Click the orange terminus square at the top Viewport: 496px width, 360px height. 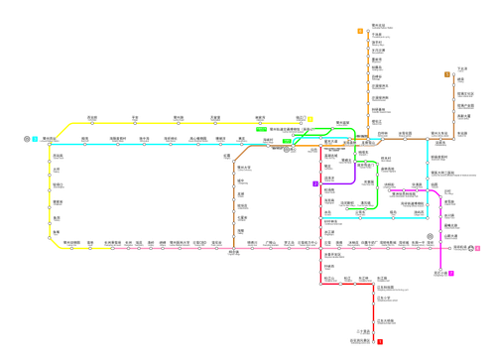coord(360,31)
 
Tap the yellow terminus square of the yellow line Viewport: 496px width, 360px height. coord(310,118)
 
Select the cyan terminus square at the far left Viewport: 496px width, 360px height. coord(36,139)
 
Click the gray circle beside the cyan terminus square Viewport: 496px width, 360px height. coord(27,139)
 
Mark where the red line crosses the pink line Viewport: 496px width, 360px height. coord(319,248)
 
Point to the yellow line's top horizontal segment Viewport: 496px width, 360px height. coord(179,121)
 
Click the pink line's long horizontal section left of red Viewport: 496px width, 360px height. coord(179,248)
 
